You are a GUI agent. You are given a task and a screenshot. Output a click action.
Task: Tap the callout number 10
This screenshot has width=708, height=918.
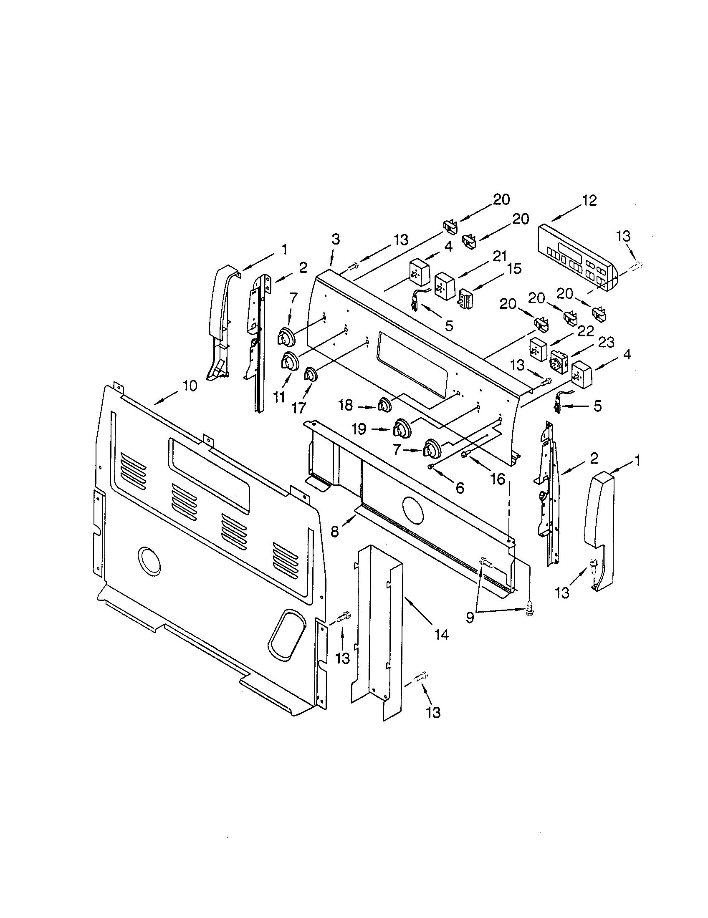(190, 386)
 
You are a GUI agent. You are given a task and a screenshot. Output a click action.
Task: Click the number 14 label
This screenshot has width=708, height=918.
(441, 634)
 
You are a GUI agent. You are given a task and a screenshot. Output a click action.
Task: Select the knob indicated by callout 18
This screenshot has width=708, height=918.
(384, 406)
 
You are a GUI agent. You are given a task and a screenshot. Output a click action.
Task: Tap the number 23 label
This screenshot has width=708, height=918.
(606, 343)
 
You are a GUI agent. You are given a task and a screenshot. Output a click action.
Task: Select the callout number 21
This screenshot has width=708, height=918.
(499, 256)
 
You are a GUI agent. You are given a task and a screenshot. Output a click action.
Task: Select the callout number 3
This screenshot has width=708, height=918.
(335, 240)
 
